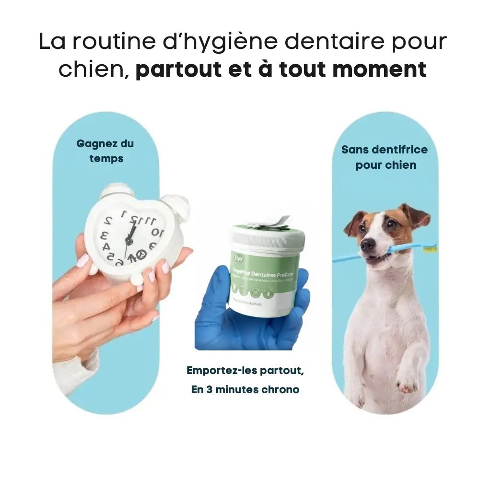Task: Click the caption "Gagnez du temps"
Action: pyautogui.click(x=105, y=151)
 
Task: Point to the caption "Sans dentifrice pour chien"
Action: pyautogui.click(x=385, y=157)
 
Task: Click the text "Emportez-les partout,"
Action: pyautogui.click(x=245, y=370)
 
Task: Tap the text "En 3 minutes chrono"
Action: pyautogui.click(x=245, y=389)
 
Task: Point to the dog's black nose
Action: pyautogui.click(x=368, y=245)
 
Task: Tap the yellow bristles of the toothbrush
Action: pyautogui.click(x=429, y=249)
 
